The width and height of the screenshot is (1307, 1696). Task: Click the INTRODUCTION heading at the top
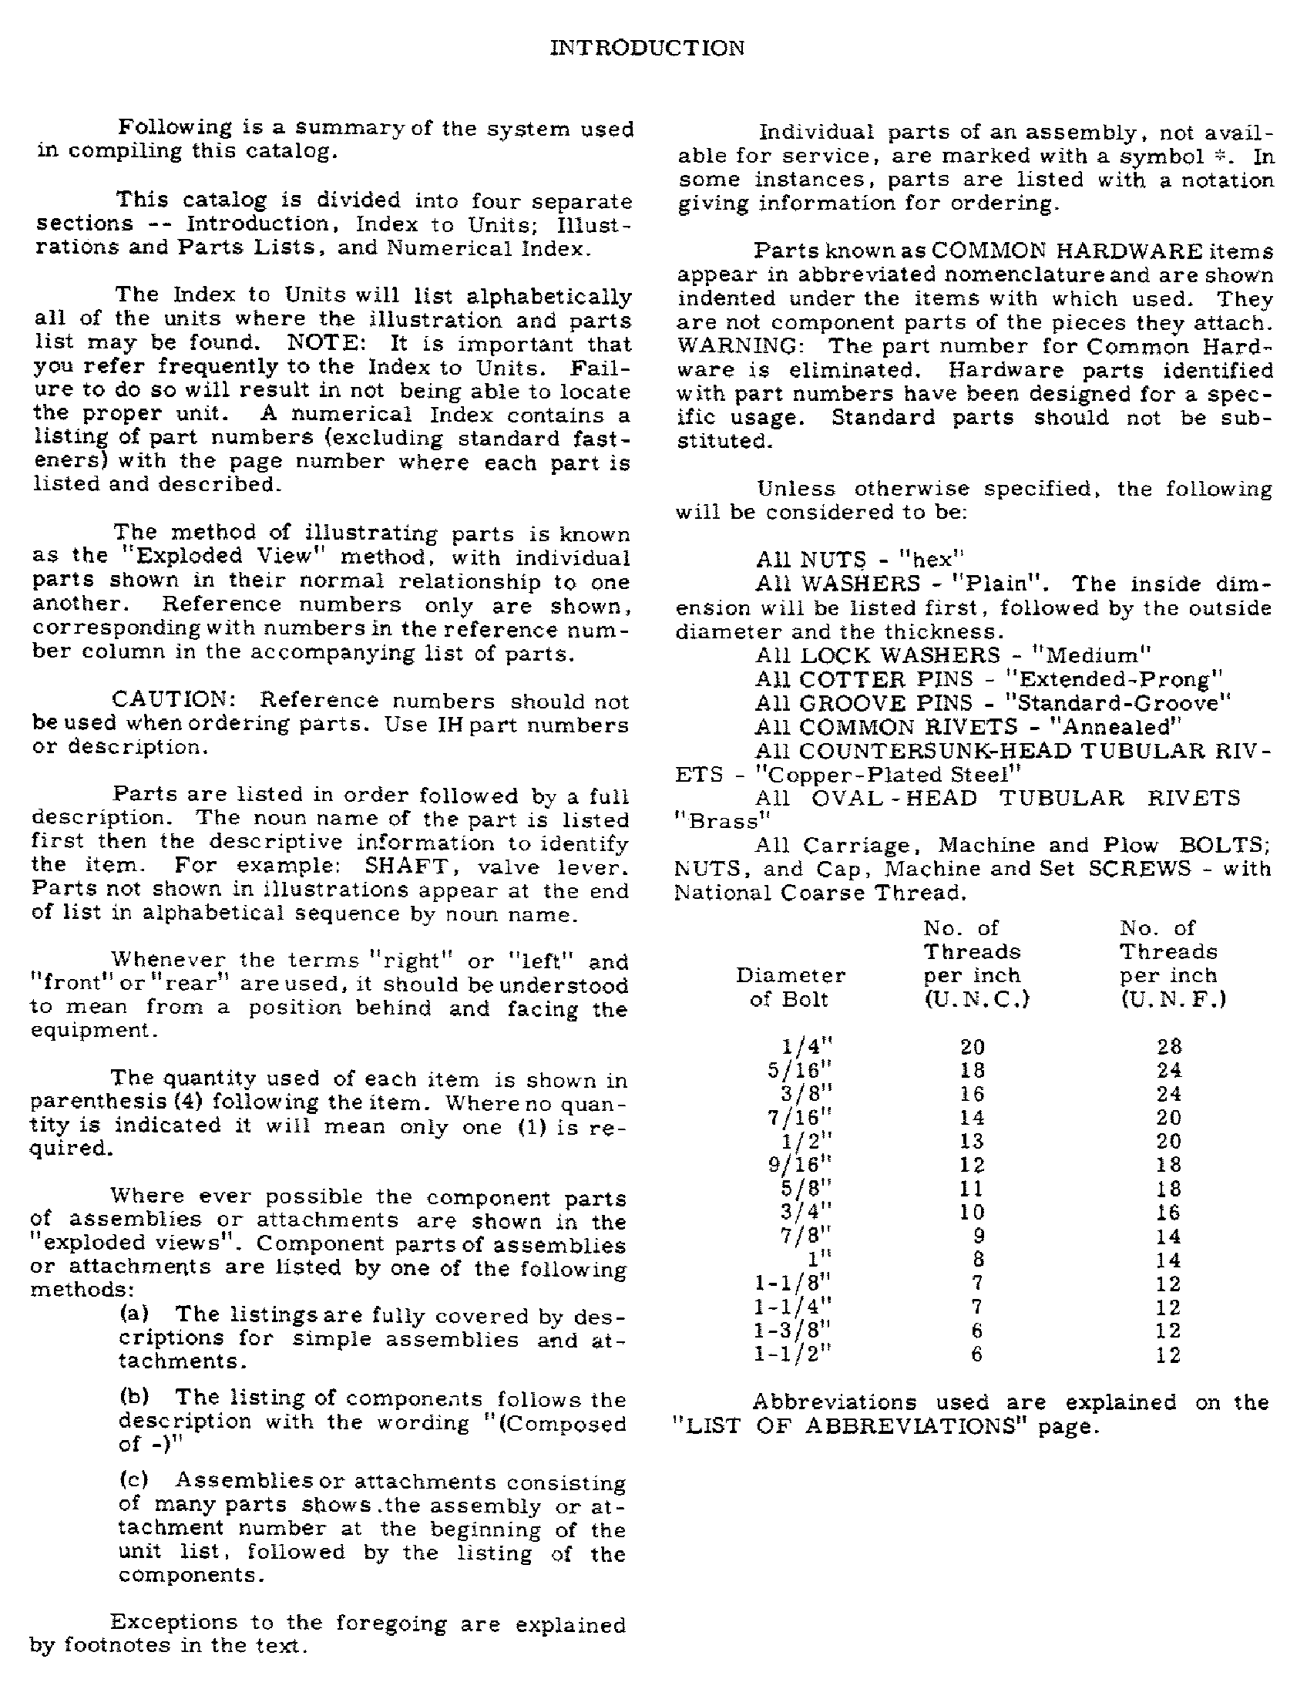tap(647, 48)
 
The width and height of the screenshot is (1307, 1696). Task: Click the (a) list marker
tap(134, 1314)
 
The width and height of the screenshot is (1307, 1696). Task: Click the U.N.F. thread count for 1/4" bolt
tap(1169, 1047)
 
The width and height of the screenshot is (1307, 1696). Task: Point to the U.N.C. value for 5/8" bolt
tap(972, 1189)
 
